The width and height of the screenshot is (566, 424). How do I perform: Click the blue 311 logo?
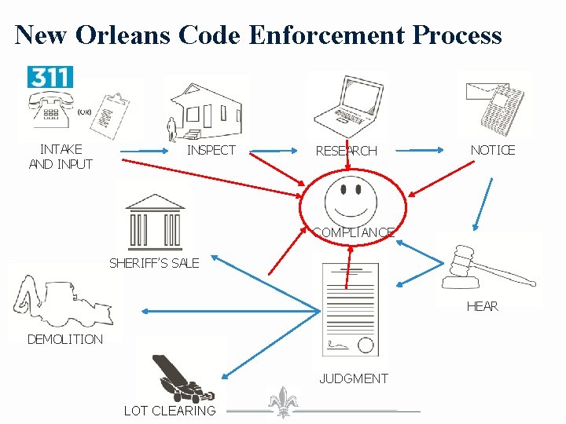[50, 77]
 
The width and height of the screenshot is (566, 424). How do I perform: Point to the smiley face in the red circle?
[353, 199]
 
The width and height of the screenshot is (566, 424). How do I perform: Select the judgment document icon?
[351, 310]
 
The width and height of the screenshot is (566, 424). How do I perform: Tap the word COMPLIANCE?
[353, 232]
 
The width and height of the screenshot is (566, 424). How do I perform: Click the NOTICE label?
[492, 150]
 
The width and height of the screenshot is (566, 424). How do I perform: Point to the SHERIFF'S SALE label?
[154, 263]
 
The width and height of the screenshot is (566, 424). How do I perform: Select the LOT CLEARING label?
[170, 411]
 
